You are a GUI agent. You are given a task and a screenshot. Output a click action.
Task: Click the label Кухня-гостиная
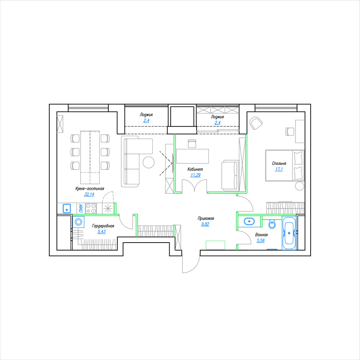click(90, 189)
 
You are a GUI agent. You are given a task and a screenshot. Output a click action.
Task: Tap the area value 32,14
click(89, 194)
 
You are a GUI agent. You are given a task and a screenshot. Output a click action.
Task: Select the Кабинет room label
click(195, 169)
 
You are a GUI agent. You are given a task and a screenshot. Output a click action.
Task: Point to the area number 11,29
click(195, 175)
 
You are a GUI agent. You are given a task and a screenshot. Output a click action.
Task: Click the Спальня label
click(279, 163)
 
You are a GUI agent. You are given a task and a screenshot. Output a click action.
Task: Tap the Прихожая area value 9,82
click(205, 224)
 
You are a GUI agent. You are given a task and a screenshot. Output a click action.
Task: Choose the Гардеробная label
click(103, 226)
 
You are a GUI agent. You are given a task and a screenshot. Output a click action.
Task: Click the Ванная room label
click(261, 235)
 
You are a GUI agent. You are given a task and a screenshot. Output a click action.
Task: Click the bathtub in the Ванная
click(289, 233)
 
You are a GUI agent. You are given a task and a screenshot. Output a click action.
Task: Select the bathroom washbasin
click(249, 222)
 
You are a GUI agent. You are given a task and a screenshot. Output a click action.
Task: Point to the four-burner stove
click(91, 208)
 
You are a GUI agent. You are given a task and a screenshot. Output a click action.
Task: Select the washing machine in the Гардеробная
click(78, 222)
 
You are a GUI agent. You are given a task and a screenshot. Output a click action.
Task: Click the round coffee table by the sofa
click(149, 162)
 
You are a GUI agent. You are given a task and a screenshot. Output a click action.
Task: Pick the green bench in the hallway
click(215, 245)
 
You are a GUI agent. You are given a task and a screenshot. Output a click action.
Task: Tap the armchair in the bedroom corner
click(256, 123)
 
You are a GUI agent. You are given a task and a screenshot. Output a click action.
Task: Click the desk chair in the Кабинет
click(192, 143)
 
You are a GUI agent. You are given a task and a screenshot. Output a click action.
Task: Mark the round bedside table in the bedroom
click(300, 186)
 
